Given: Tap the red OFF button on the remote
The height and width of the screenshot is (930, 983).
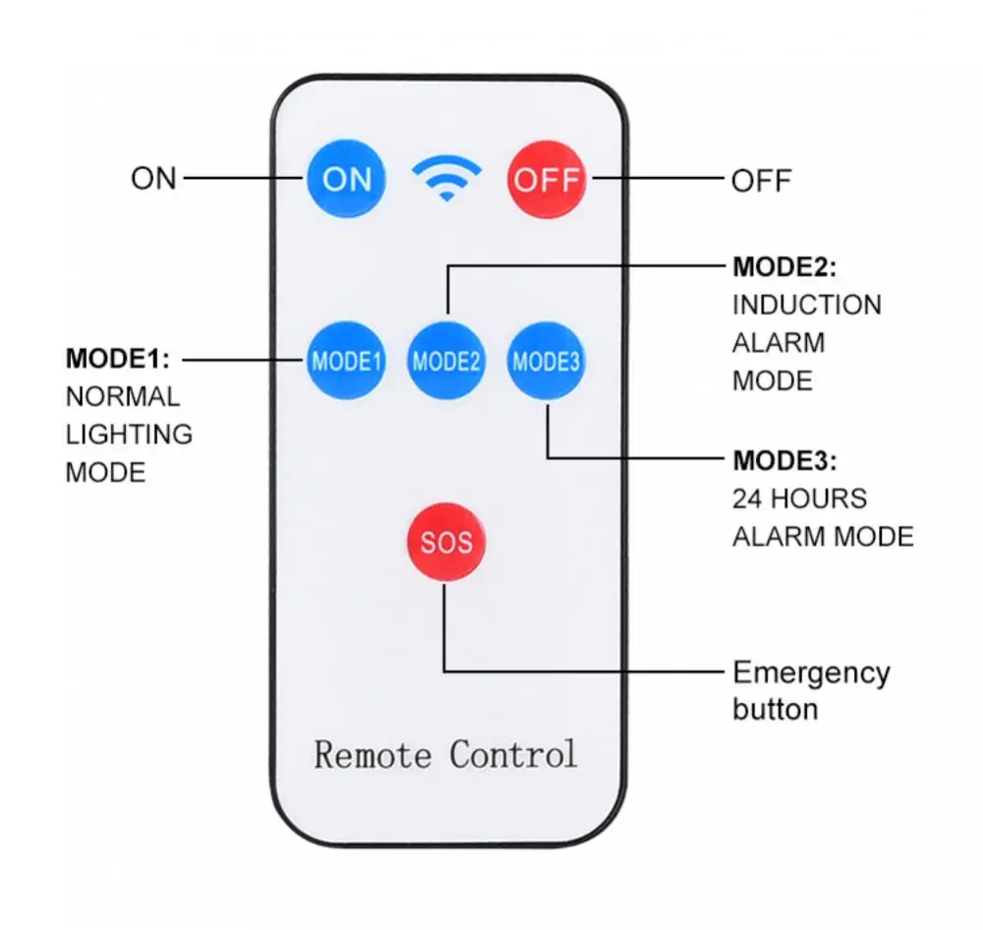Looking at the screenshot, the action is coord(547,179).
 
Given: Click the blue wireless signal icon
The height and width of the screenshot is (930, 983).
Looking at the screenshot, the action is coord(446,178).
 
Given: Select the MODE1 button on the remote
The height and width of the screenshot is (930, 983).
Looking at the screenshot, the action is coord(345,361).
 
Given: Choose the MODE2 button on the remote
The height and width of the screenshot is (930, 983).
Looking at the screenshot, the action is coord(445,361).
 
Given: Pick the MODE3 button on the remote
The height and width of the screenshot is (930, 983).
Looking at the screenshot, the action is coord(546,361).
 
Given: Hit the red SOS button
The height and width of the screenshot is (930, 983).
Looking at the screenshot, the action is coord(446,542).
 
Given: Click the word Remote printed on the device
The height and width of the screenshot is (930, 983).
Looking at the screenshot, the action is coord(373,754).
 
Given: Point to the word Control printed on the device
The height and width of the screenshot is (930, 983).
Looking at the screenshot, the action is coord(513,754).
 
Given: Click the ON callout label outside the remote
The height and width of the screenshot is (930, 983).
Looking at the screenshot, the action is coord(153,179).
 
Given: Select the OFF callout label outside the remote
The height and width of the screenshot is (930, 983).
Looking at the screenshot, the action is coord(761,181).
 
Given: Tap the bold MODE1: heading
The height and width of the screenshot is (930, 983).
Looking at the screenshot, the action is coord(117,359).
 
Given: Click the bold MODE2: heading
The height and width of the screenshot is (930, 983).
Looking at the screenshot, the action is coord(784,267).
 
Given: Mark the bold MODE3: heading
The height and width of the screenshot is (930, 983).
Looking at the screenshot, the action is coord(784,461).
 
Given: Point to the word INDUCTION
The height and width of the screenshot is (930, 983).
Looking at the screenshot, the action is coord(807,306).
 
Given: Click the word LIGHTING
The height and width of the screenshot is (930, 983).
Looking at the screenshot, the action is coord(129,435).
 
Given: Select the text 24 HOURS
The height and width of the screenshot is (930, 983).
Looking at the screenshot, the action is coord(799,499).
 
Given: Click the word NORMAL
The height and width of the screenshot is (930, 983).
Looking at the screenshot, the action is coord(123,397).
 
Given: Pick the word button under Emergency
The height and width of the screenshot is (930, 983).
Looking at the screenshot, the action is coord(775,709).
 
